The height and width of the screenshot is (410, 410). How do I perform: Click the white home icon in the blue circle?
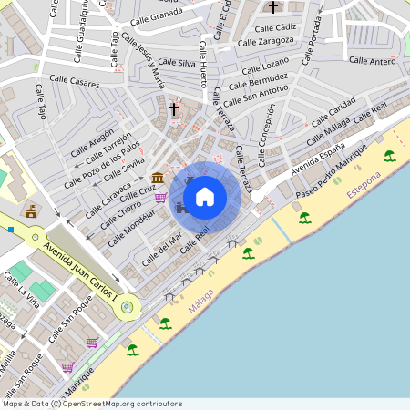(205, 196)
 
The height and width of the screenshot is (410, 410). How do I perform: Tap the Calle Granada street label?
(156, 19)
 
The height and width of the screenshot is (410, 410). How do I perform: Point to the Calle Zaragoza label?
(266, 41)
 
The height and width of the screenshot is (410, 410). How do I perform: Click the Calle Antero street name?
(372, 60)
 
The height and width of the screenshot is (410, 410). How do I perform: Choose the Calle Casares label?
(75, 82)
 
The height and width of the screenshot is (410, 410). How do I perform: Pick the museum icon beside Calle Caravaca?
(159, 177)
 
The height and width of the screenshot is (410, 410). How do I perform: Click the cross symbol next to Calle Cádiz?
(272, 8)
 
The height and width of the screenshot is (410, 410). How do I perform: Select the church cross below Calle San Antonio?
(174, 108)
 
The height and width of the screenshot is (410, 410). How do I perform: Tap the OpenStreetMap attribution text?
(92, 404)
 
